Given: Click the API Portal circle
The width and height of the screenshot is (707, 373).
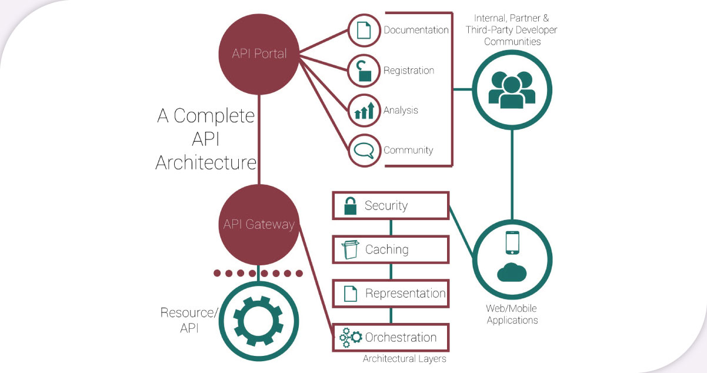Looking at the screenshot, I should click(259, 54).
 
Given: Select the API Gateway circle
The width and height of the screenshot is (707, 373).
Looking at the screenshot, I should click(259, 225).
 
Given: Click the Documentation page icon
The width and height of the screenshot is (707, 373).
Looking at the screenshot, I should click(365, 30).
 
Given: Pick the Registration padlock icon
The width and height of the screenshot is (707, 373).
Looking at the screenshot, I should click(365, 70).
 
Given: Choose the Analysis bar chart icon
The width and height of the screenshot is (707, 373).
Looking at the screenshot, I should click(365, 110).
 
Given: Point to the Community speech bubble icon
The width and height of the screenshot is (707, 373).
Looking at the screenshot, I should click(365, 150).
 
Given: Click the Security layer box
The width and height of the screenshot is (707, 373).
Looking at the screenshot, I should click(391, 205).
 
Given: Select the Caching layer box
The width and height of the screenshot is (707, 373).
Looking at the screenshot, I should click(391, 249).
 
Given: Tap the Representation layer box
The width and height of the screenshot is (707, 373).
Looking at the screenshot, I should click(391, 293).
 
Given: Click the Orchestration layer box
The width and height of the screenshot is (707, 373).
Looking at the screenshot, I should click(391, 337).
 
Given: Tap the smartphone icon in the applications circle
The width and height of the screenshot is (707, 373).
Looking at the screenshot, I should click(512, 242).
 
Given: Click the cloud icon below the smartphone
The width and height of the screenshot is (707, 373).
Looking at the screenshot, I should click(512, 272).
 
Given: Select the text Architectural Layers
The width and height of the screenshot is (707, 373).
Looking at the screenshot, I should click(404, 359).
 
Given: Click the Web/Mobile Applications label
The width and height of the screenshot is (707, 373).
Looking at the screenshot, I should click(512, 314).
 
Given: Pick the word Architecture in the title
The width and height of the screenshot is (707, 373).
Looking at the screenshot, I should click(206, 162).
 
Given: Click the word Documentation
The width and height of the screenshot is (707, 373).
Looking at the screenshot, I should click(416, 30).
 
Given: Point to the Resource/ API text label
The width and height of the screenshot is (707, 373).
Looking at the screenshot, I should click(189, 320).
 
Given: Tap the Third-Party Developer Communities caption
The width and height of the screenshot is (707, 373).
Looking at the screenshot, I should click(512, 30).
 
